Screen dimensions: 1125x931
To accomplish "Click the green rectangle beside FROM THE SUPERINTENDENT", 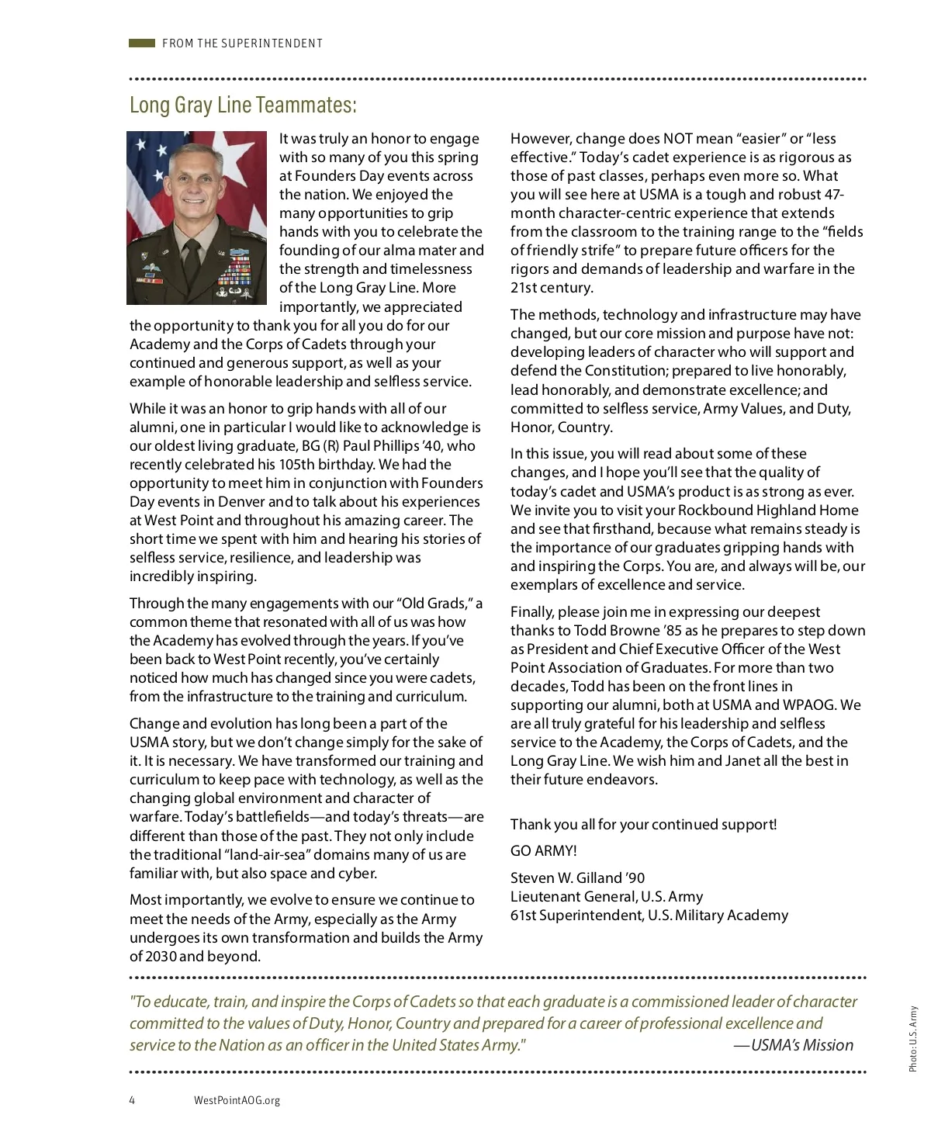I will coord(142,43).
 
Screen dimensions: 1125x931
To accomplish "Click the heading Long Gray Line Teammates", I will coord(243,105).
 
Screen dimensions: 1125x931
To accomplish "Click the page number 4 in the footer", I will coord(133,1100).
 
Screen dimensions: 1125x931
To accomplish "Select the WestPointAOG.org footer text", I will coord(237,1100).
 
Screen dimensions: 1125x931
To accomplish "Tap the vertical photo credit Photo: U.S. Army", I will coord(913,1040).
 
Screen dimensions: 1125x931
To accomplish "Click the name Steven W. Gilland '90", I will coord(577,877).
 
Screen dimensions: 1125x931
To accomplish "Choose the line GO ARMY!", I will coord(543,850).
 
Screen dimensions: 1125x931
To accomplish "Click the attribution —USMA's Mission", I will coord(793,1045).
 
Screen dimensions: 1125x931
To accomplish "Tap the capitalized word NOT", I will coord(677,138).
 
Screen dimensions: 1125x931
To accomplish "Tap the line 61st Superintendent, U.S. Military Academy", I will coord(649,915).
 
